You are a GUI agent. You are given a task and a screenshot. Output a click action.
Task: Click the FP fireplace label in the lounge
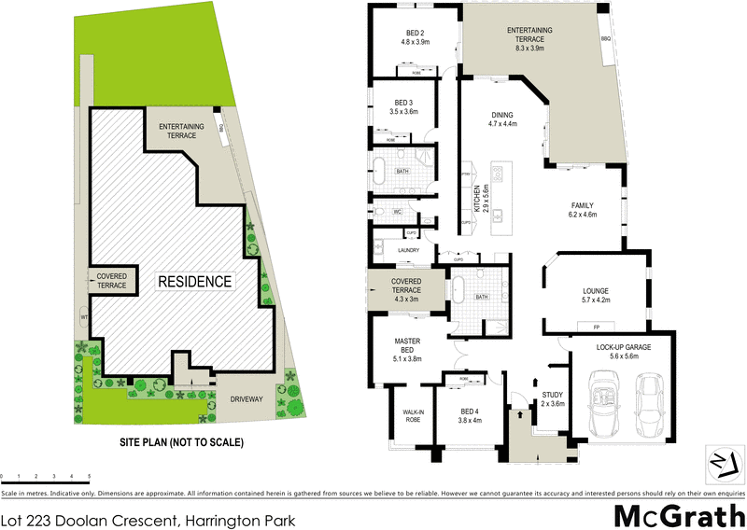coord(594,327)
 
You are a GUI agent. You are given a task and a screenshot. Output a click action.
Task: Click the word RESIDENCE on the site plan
coord(193,280)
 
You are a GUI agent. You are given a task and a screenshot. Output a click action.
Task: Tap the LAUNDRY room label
coord(409,250)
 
